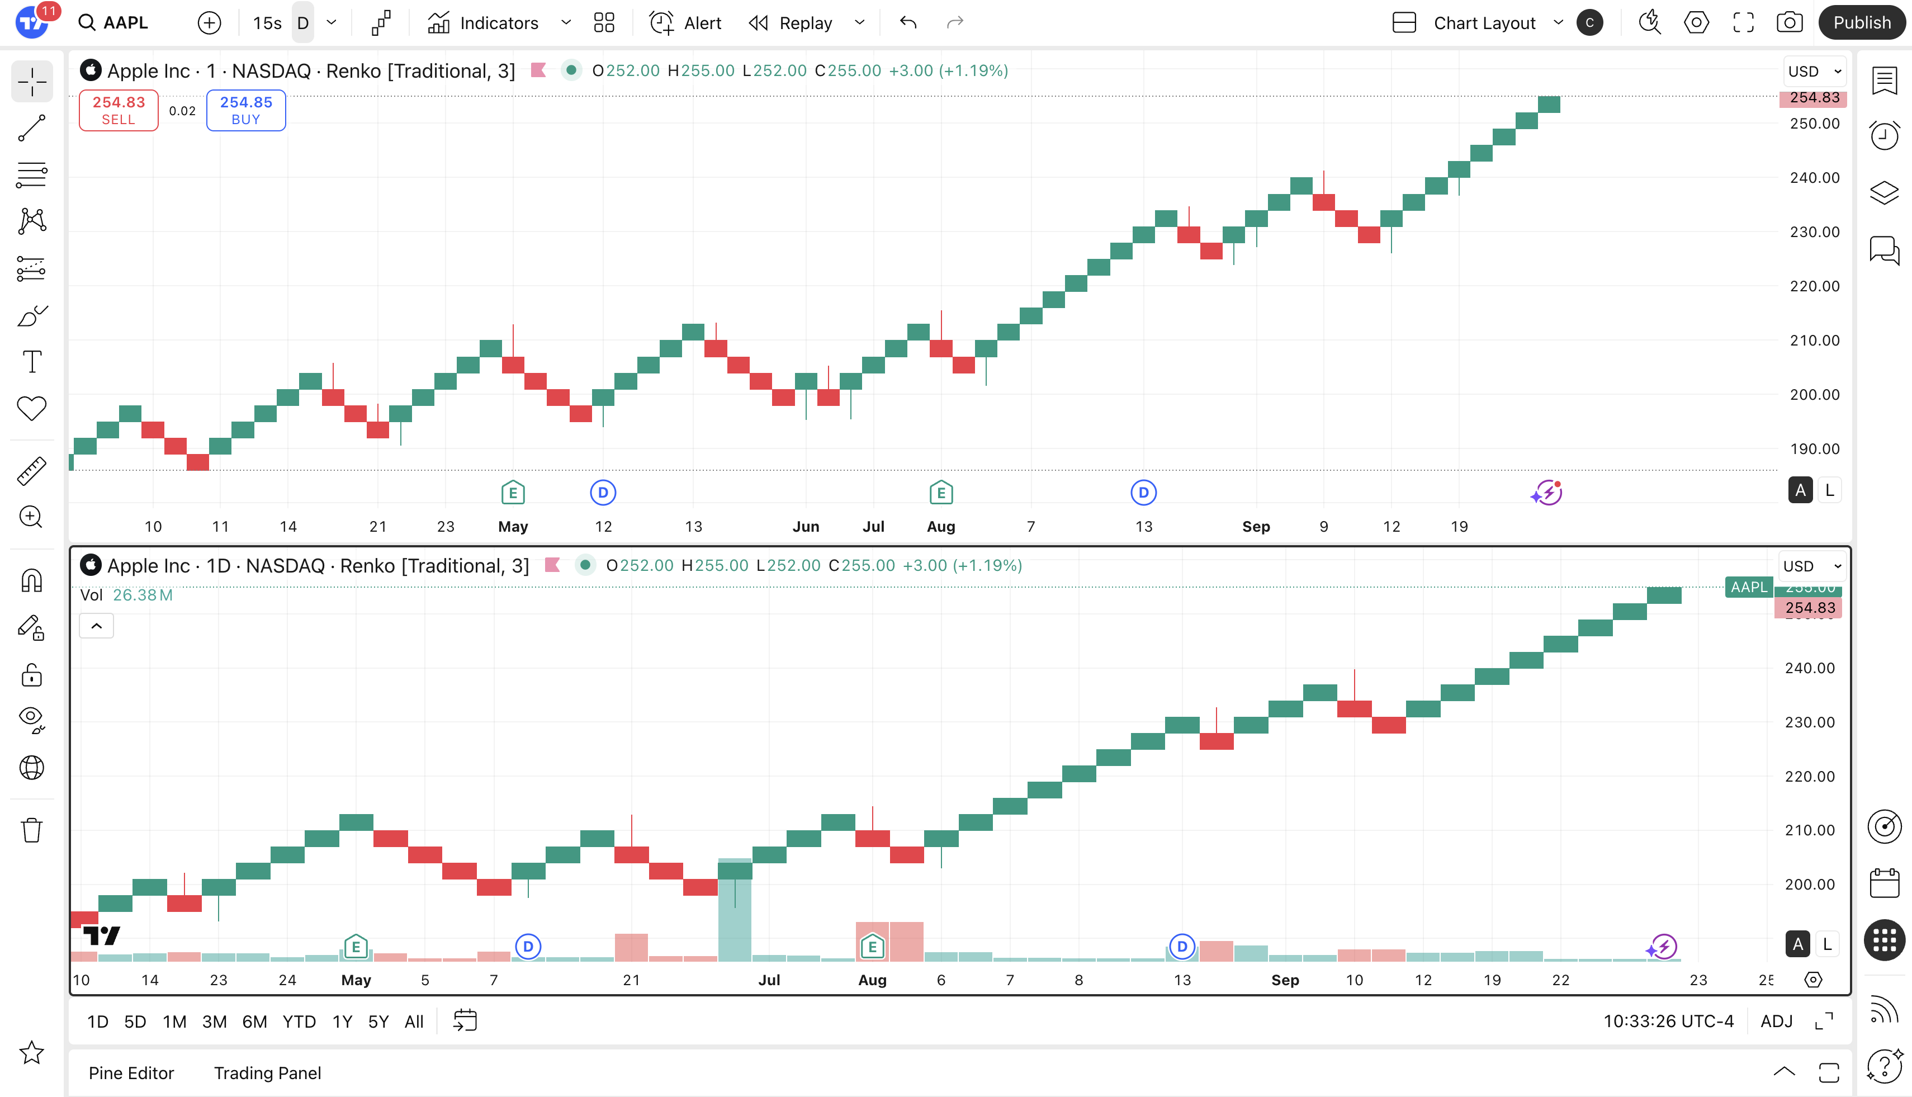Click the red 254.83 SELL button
pyautogui.click(x=119, y=110)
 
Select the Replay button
pyautogui.click(x=791, y=22)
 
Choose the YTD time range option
pyautogui.click(x=299, y=1022)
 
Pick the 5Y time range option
pyautogui.click(x=378, y=1022)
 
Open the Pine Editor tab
pyautogui.click(x=131, y=1073)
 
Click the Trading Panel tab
pyautogui.click(x=267, y=1073)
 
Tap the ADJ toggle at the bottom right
pyautogui.click(x=1776, y=1022)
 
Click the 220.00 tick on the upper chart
pyautogui.click(x=1814, y=286)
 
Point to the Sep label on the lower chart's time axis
pyautogui.click(x=1285, y=980)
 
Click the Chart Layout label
pyautogui.click(x=1484, y=22)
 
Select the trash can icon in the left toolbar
pyautogui.click(x=32, y=830)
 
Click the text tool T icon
pyautogui.click(x=32, y=362)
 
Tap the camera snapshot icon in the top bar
pyautogui.click(x=1789, y=22)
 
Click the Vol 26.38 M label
pyautogui.click(x=126, y=595)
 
